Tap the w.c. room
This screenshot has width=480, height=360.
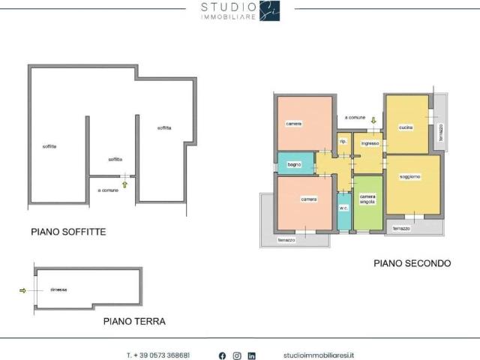pyautogui.click(x=343, y=207)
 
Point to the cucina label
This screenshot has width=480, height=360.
pyautogui.click(x=406, y=126)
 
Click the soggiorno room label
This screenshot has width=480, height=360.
pyautogui.click(x=410, y=177)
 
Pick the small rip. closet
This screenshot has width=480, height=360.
pyautogui.click(x=343, y=142)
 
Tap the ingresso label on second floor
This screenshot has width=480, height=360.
pyautogui.click(x=369, y=142)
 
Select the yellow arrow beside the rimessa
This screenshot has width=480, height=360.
pyautogui.click(x=22, y=290)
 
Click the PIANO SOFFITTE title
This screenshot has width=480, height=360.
pyautogui.click(x=68, y=232)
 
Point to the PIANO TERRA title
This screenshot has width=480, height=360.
pyautogui.click(x=134, y=321)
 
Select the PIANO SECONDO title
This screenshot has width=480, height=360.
pyautogui.click(x=412, y=263)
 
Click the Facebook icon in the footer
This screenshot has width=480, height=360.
pyautogui.click(x=222, y=355)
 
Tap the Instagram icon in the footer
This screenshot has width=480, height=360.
pyautogui.click(x=237, y=355)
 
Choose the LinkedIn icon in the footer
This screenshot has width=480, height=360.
pyautogui.click(x=252, y=355)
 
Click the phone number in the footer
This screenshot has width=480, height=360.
pyautogui.click(x=157, y=355)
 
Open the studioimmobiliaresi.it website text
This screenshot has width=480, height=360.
pyautogui.click(x=319, y=355)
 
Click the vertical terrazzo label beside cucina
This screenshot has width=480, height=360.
pyautogui.click(x=440, y=133)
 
